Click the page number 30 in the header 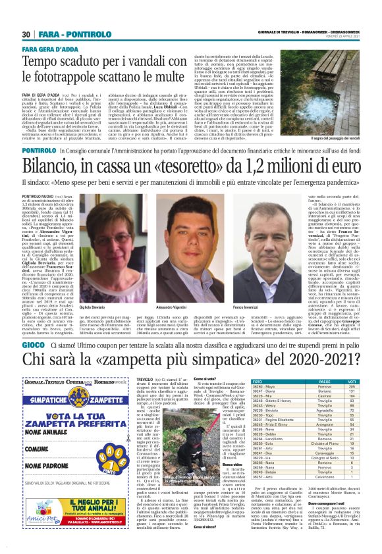point(26,34)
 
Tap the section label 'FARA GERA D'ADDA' point(48,48)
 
